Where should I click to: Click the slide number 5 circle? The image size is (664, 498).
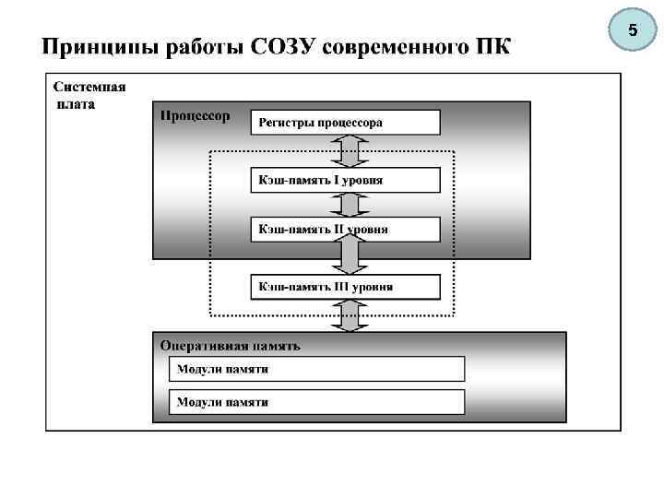click(633, 31)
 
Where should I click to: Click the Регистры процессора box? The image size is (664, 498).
click(345, 123)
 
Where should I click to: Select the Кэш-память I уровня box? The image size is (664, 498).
click(345, 180)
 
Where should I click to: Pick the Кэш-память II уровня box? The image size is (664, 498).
click(345, 229)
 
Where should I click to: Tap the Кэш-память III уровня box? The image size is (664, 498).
click(345, 287)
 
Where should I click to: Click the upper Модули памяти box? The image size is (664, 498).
click(316, 369)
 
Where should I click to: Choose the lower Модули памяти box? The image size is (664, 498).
click(316, 402)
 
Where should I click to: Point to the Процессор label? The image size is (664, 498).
click(195, 115)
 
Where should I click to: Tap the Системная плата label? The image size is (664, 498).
click(89, 95)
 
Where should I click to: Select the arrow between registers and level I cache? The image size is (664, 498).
click(349, 150)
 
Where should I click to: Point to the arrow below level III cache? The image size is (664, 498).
click(349, 316)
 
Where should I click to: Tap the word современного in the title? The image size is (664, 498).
click(398, 46)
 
